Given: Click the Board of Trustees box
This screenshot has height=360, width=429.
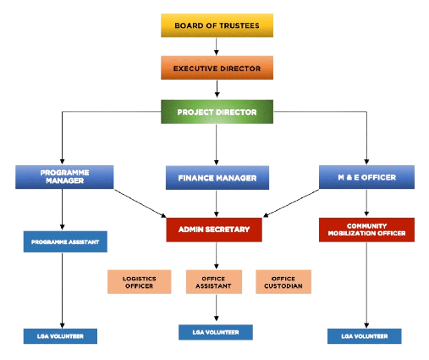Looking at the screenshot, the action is tap(217, 25).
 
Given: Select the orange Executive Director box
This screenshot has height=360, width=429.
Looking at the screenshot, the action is tap(217, 68).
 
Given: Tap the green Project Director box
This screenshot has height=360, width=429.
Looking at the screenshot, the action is tap(217, 112).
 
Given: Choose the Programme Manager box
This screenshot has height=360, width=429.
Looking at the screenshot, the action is tap(64, 177).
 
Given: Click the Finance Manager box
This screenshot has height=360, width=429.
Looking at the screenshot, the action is tap(217, 178).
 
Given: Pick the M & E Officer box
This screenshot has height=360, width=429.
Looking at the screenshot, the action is tap(366, 177).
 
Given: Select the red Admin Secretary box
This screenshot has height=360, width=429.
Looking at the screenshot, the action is tap(214, 230).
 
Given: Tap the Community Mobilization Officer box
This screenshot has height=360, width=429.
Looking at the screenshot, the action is tap(366, 230).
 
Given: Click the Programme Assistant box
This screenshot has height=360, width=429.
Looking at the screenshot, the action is tap(65, 241).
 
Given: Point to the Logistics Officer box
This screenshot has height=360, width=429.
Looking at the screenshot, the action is tap(140, 282).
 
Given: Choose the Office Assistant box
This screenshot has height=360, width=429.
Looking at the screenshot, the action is tap(214, 282).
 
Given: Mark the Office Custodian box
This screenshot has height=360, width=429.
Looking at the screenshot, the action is tap(283, 282).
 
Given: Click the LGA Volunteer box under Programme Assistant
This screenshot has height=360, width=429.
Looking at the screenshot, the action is tap(60, 336).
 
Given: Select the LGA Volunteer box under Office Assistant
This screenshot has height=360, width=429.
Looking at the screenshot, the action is tap(216, 332).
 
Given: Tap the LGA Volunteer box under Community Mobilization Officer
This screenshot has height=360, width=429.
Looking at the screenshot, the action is tap(365, 336).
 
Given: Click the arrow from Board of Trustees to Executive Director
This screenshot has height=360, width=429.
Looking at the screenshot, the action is tap(217, 47).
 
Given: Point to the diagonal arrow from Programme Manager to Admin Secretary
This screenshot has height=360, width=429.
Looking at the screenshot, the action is tap(140, 203).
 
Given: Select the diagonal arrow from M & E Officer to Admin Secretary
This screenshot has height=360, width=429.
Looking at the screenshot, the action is tap(291, 203).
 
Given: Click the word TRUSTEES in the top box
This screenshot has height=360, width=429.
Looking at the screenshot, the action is tap(239, 25).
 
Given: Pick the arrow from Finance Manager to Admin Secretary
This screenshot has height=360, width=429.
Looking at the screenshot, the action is tap(217, 203).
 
